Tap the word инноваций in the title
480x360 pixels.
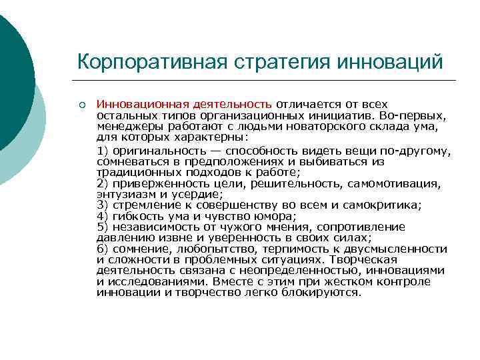coord(393,61)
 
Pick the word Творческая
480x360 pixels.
coord(367,259)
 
